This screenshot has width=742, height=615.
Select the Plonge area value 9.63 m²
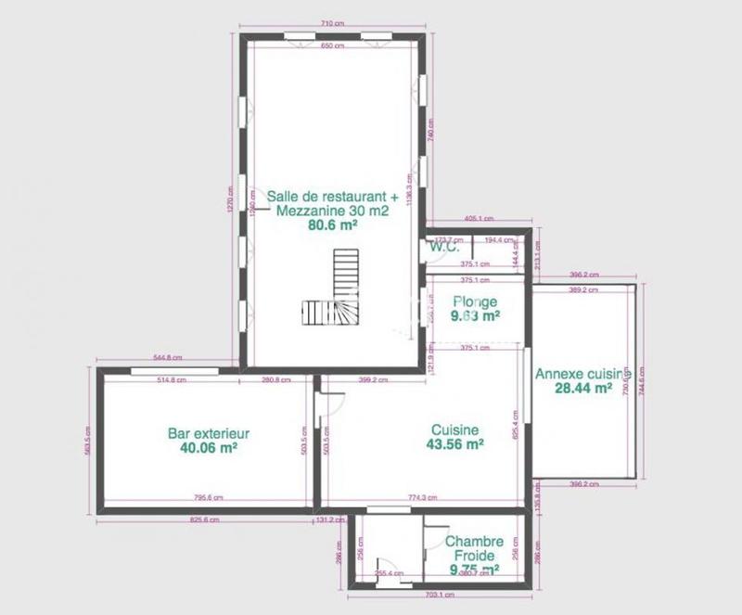(x=475, y=315)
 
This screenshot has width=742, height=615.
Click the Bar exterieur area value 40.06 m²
(x=209, y=447)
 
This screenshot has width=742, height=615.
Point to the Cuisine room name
(x=454, y=430)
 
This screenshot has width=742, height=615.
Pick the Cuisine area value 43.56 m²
(x=454, y=444)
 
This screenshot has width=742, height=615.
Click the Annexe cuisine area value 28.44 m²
(x=577, y=388)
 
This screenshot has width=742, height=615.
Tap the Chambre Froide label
(x=474, y=548)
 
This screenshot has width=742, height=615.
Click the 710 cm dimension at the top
(x=333, y=22)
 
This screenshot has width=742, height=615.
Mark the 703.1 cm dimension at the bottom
(x=440, y=595)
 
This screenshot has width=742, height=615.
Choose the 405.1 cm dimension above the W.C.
(x=479, y=219)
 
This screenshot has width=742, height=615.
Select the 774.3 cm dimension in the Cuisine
(x=421, y=498)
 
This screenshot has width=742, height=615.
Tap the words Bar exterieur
(x=209, y=433)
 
